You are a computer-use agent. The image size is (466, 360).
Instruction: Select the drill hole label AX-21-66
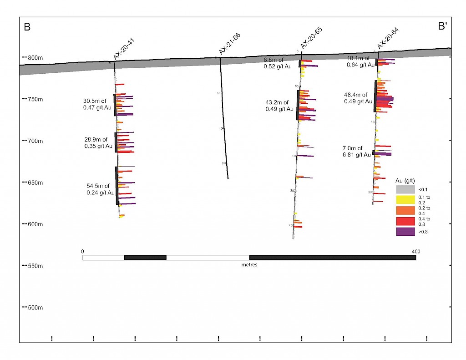click(x=229, y=44)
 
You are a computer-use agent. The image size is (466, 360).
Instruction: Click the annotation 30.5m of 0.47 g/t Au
click(x=97, y=104)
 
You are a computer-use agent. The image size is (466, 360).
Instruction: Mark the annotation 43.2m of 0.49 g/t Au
click(x=279, y=106)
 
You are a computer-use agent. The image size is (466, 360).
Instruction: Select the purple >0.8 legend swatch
click(x=405, y=232)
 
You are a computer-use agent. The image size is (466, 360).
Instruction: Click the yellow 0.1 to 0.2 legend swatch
click(x=405, y=199)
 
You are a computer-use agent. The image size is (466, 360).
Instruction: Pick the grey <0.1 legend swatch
click(x=405, y=189)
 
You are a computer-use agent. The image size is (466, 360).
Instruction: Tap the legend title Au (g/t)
click(x=406, y=181)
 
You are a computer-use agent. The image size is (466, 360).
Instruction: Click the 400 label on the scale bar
click(x=415, y=251)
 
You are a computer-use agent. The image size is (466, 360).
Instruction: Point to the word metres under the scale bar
click(x=249, y=265)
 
